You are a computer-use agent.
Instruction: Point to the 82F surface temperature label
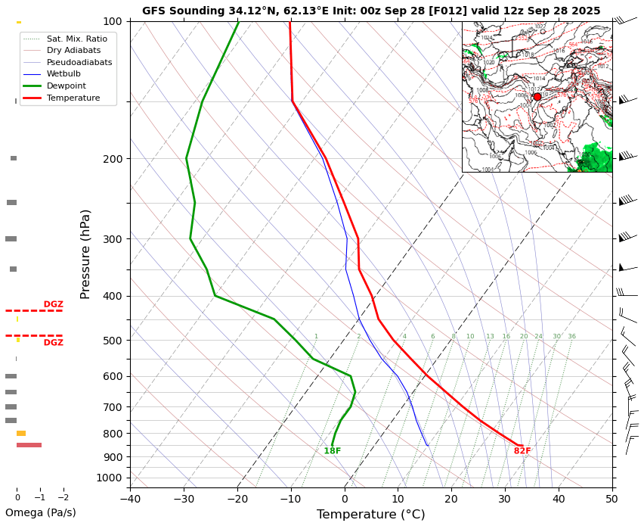point(522,451)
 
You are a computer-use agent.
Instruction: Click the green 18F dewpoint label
point(333,451)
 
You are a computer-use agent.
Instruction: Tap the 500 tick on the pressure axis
point(113,341)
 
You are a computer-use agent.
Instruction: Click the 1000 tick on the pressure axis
point(110,478)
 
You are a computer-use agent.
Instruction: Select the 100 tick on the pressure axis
point(113,21)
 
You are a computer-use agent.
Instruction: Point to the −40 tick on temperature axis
point(130,497)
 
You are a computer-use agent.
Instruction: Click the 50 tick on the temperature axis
point(611,497)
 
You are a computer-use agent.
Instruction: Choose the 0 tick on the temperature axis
point(345,497)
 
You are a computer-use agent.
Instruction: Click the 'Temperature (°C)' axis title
point(370,515)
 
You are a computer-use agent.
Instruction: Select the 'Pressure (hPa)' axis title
point(85,254)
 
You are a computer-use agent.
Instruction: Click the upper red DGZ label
point(53,304)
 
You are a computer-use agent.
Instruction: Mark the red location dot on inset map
point(537,97)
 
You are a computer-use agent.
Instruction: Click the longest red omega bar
point(29,445)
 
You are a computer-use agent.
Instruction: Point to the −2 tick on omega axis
point(63,497)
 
